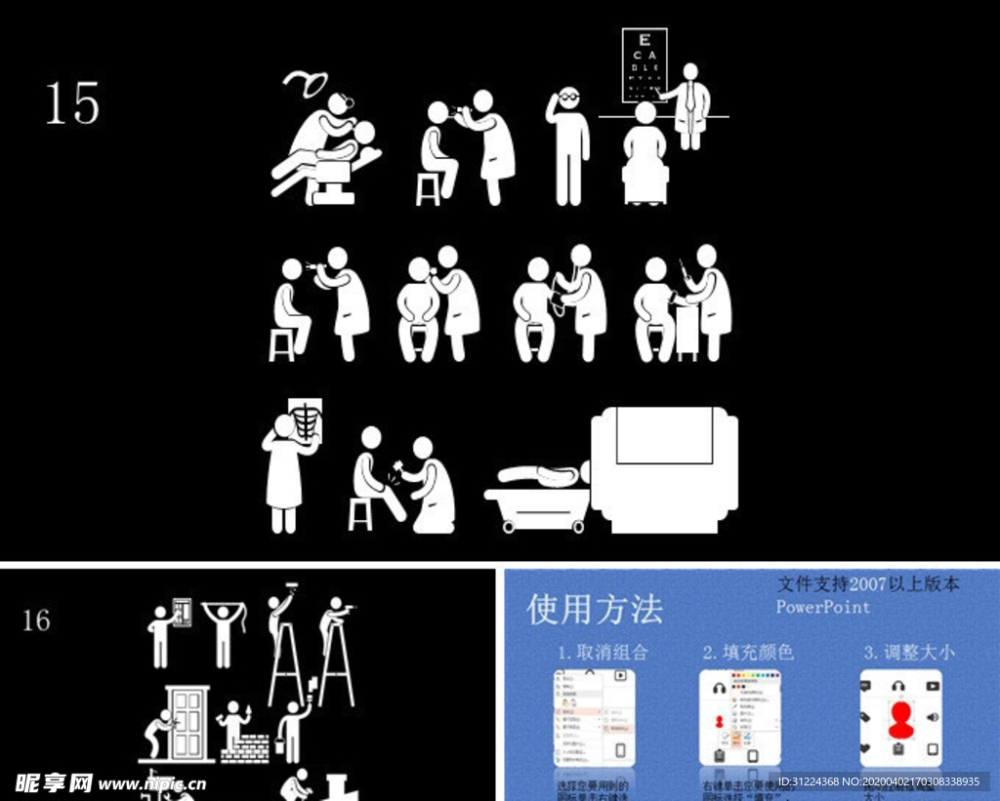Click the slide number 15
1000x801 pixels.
[72, 103]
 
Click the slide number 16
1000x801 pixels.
[36, 621]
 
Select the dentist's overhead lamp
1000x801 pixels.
[308, 84]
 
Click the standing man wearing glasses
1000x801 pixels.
[568, 146]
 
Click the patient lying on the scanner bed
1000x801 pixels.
[542, 475]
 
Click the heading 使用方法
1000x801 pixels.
[595, 610]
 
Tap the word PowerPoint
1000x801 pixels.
[822, 607]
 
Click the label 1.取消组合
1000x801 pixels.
[603, 652]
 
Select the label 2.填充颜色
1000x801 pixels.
[748, 652]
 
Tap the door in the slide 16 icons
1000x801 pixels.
[187, 722]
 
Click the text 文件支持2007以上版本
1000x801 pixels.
[868, 584]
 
